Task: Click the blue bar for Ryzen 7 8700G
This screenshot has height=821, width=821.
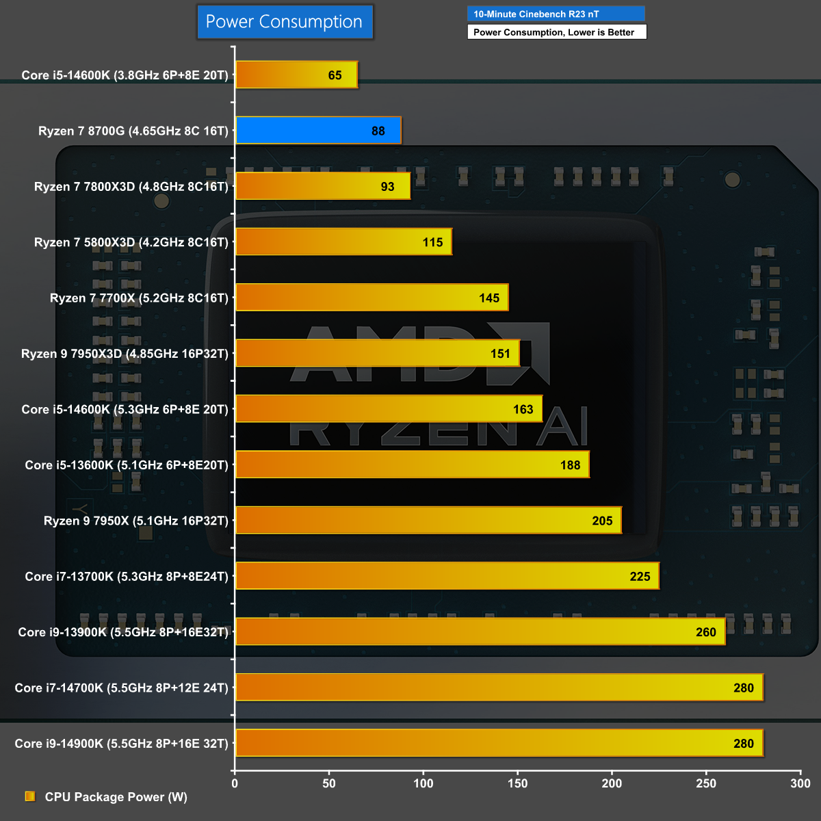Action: (x=318, y=131)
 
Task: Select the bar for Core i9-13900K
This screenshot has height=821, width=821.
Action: (x=480, y=631)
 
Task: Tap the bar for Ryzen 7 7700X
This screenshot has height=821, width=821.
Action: (x=372, y=298)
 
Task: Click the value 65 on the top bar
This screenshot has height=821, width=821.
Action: (x=335, y=75)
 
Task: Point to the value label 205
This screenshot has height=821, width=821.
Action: (x=602, y=521)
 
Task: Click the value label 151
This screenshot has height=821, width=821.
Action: (x=500, y=354)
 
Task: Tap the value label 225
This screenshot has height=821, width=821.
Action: (x=640, y=576)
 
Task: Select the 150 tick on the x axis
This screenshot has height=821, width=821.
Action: (x=517, y=783)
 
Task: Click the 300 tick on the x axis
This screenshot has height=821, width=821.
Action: (x=800, y=783)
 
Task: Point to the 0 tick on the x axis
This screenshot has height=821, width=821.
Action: (x=235, y=783)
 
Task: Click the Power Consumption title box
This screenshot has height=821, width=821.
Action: (x=284, y=22)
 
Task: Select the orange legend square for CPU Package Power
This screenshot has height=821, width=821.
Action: (x=30, y=796)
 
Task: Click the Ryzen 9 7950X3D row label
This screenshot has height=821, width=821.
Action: (x=125, y=354)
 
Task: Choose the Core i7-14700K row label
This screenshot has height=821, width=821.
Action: (x=121, y=688)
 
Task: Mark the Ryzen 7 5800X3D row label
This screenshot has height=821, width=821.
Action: (x=131, y=242)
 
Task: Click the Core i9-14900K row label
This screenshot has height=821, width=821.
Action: (x=121, y=744)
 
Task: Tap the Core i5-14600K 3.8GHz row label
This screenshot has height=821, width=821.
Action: (x=125, y=75)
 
